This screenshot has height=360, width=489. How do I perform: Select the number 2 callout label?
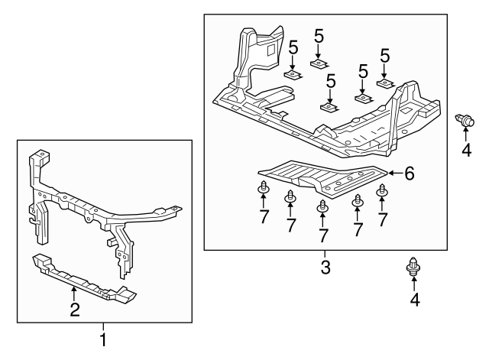(x=74, y=309)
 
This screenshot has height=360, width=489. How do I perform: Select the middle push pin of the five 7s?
(x=323, y=205)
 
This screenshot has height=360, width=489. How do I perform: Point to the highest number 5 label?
(x=319, y=35)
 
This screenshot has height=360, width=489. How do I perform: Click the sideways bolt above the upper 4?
(x=464, y=119)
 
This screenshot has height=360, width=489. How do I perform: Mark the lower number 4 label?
(x=415, y=300)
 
